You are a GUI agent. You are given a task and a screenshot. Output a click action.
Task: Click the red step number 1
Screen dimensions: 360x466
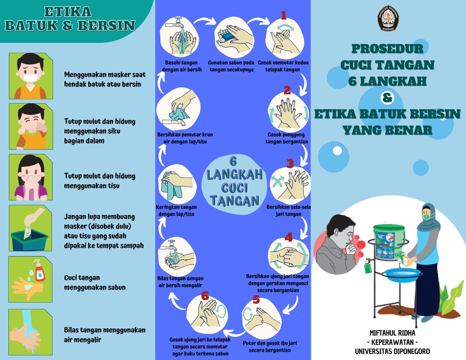pos(284,15)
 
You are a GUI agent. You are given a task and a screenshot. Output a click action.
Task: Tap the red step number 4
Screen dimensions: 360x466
pos(289,237)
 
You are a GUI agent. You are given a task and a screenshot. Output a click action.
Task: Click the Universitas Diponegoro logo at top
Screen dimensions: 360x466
pos(387,18)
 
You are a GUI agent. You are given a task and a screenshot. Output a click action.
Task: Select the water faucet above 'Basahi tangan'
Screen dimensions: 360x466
pos(178,22)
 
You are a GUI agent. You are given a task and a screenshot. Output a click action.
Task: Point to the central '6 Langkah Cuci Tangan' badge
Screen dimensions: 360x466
pos(233,181)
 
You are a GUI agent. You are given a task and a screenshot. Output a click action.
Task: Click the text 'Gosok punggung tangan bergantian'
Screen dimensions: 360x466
pos(287,138)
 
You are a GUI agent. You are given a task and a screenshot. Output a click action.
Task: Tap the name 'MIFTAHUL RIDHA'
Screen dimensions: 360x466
pos(392,333)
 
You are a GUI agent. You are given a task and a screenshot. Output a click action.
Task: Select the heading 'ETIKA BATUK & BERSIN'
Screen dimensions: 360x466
pos(70,18)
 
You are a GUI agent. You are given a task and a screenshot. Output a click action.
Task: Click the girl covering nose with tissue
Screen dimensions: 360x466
pos(31,177)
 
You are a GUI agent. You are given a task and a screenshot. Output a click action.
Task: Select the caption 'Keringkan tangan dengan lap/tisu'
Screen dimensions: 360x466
pos(177,210)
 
